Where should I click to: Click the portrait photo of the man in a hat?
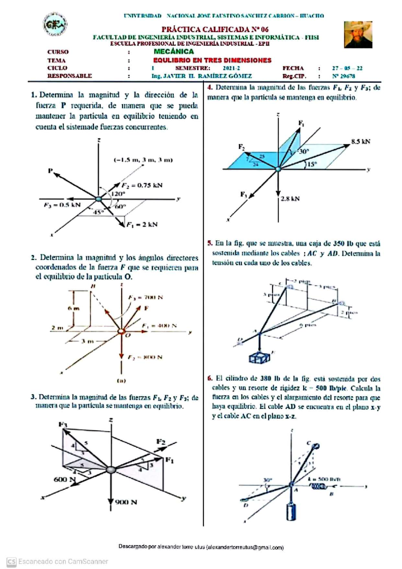(x=358, y=35)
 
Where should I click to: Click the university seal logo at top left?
(x=55, y=24)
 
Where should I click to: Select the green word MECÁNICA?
(x=174, y=52)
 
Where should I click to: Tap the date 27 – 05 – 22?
(x=347, y=68)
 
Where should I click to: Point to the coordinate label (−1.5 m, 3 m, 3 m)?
(x=143, y=160)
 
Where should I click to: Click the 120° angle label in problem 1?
(x=118, y=194)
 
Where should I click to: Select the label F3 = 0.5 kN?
(x=62, y=205)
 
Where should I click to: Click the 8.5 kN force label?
(x=361, y=141)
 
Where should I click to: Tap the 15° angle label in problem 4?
(x=312, y=164)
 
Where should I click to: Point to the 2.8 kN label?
(x=290, y=199)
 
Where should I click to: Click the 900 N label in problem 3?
(x=126, y=502)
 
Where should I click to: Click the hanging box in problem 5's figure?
(x=259, y=358)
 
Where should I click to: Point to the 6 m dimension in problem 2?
(x=74, y=308)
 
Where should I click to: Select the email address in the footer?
(x=245, y=548)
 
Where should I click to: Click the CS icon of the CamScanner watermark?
(x=11, y=562)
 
